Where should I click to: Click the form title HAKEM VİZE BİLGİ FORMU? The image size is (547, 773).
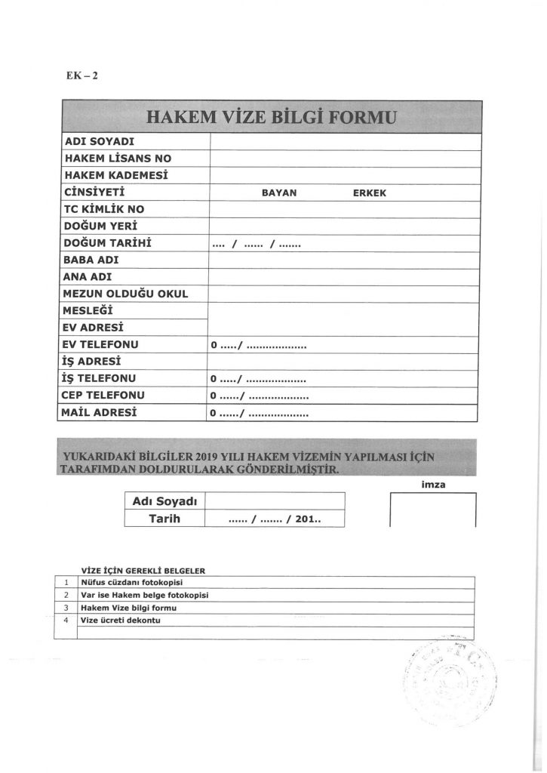point(269,118)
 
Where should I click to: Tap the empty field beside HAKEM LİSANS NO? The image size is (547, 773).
point(344,159)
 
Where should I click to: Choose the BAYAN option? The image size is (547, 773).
point(279,192)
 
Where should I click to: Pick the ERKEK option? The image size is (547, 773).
point(370,192)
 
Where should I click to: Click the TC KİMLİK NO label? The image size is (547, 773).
point(104,209)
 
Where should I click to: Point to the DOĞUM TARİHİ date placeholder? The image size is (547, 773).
point(257,243)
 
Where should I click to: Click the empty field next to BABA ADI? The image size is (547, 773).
point(344,260)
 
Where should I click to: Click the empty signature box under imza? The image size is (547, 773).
point(432,510)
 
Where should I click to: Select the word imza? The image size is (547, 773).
point(432,485)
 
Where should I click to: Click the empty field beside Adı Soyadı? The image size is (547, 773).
point(275,501)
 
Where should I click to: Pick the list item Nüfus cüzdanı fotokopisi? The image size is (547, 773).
point(133,583)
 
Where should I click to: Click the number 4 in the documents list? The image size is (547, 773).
point(67,621)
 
